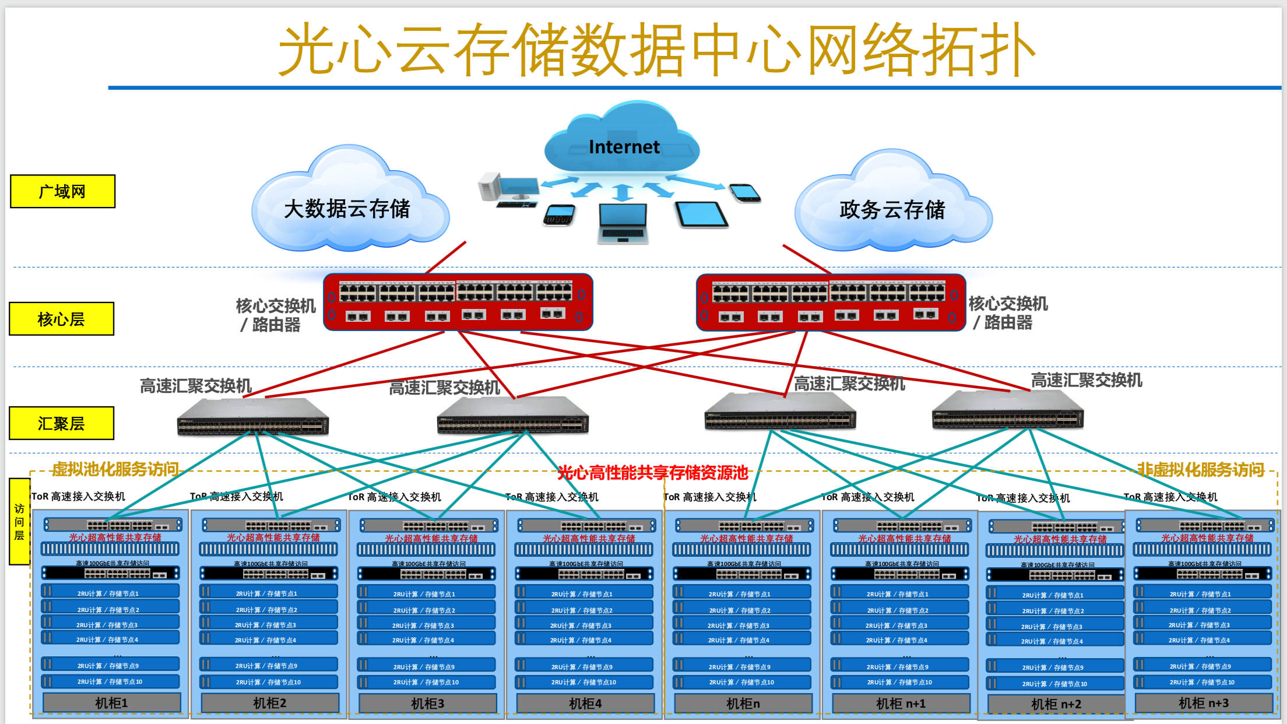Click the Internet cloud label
(624, 147)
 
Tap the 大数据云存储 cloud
(347, 209)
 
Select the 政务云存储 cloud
(892, 210)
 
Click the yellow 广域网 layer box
(62, 191)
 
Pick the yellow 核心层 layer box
(61, 319)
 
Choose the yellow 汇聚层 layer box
(61, 423)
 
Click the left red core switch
(458, 302)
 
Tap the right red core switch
(830, 302)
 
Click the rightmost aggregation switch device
(1007, 412)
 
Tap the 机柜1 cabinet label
(111, 703)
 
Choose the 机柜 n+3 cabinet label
(1203, 703)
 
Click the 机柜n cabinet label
(743, 704)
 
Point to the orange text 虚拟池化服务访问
(115, 469)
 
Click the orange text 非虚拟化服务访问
(1200, 470)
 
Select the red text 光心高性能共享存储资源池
(652, 473)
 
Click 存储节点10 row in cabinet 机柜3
(426, 682)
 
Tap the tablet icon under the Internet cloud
(701, 215)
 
